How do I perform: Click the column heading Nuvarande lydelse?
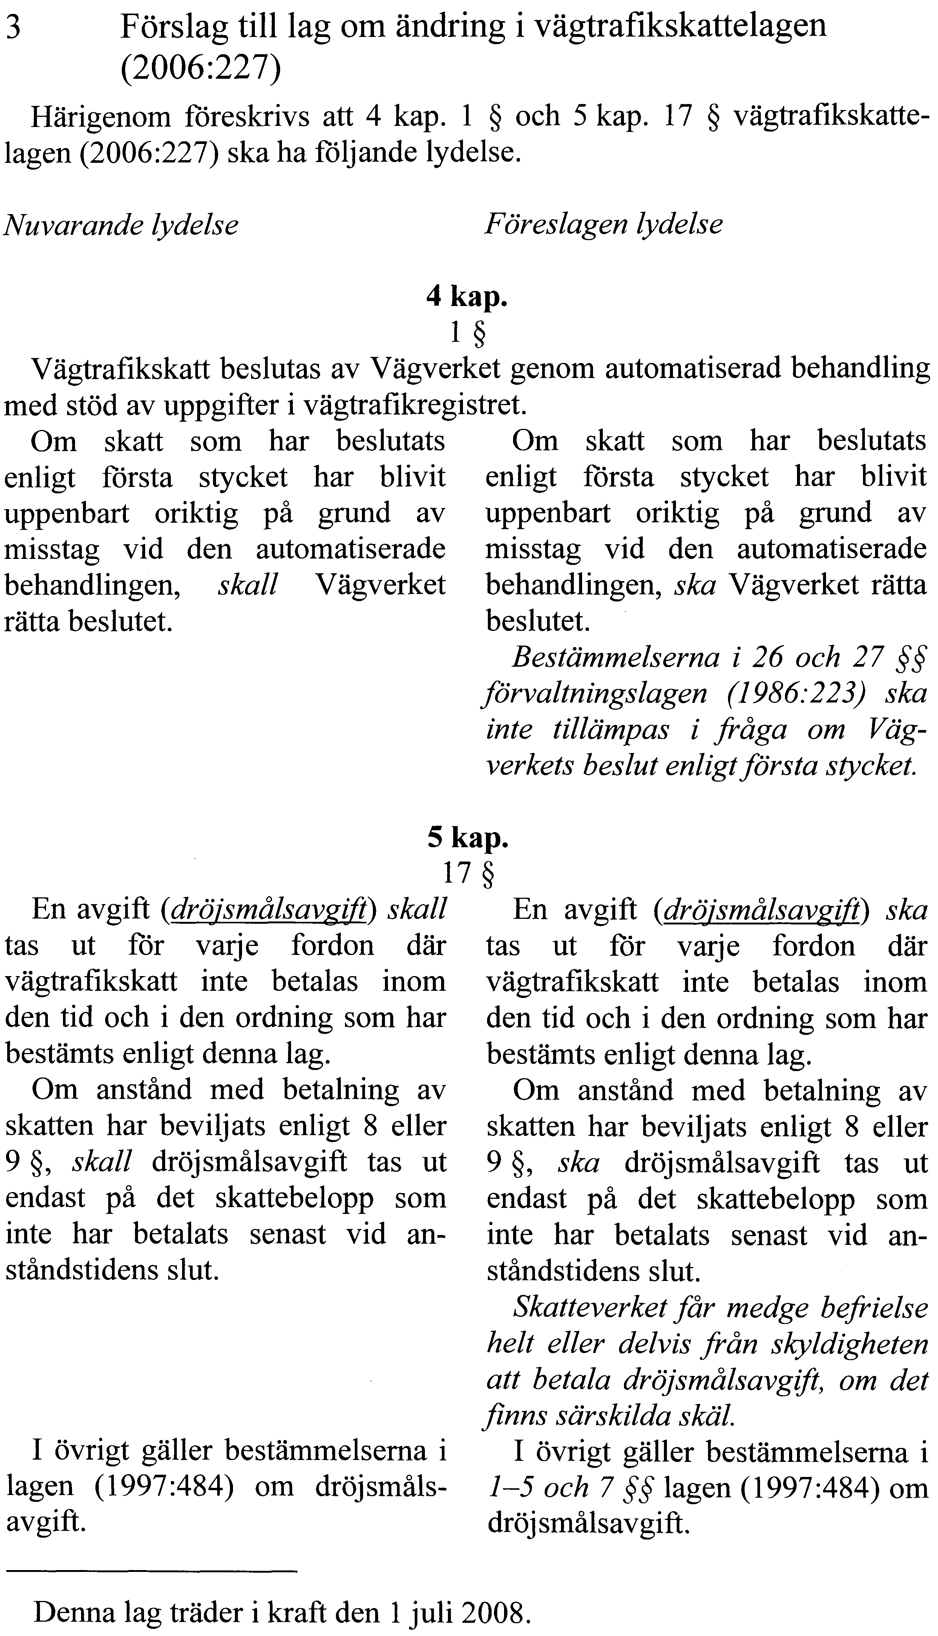point(121,225)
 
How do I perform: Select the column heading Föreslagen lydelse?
point(604,224)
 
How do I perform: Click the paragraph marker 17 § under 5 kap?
point(468,873)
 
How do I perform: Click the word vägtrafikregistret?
point(411,405)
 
